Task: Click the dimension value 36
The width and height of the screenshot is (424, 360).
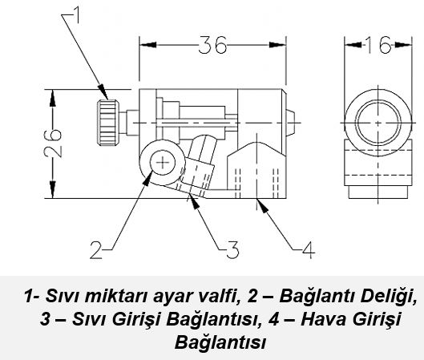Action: pos(213,45)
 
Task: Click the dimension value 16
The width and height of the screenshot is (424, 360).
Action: pos(378,45)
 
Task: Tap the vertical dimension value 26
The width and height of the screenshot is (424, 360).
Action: pos(53,144)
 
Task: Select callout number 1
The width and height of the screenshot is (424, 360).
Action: pos(76,15)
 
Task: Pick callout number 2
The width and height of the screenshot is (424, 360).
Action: pos(96,250)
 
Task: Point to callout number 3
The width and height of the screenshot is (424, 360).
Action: pos(232,249)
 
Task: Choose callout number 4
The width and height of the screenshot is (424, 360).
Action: pos(309,249)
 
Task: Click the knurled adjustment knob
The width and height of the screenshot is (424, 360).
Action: pos(108,123)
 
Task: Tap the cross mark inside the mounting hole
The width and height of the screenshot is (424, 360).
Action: pos(163,163)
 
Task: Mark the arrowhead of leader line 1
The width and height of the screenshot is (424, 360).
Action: pos(103,92)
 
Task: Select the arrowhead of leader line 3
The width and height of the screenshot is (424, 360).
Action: pos(194,200)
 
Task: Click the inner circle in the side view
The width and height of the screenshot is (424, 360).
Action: pos(378,122)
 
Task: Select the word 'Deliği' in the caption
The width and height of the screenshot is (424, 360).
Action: pos(388,296)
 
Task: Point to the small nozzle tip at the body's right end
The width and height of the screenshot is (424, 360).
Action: pos(291,123)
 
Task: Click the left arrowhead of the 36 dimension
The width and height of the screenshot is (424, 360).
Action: pos(147,45)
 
